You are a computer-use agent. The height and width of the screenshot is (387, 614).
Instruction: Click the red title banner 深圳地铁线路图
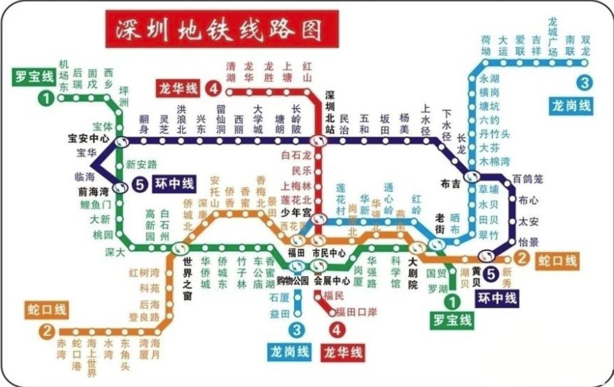click(221, 29)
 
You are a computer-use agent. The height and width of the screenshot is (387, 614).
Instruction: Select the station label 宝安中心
click(88, 139)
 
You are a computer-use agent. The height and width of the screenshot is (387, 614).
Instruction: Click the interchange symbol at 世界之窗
click(180, 247)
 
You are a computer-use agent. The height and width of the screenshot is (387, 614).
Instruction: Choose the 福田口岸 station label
click(356, 312)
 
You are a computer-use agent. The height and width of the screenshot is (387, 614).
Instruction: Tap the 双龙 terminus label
click(585, 45)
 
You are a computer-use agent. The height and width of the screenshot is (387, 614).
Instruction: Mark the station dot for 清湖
click(231, 92)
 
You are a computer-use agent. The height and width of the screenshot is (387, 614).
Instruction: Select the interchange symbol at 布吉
click(471, 177)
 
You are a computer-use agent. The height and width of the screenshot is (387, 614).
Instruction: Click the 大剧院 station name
click(413, 273)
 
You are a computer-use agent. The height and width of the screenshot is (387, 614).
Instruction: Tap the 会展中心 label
click(331, 281)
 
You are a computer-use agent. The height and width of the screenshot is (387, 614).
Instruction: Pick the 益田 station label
click(278, 313)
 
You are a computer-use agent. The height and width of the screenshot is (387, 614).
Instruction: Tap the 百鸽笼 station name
click(528, 179)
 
